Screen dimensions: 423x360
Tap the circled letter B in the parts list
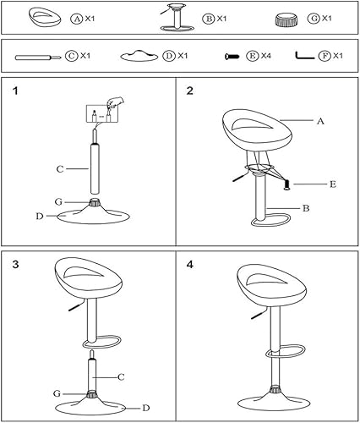click(x=205, y=18)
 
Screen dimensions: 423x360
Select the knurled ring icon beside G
click(x=289, y=18)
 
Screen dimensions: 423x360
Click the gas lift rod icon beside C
click(x=38, y=57)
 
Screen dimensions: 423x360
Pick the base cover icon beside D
click(x=139, y=56)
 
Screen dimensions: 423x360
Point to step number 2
click(x=190, y=91)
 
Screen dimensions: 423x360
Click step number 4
click(x=190, y=264)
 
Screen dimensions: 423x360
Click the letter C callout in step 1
click(x=60, y=169)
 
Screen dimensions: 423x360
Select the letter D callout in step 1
click(x=39, y=217)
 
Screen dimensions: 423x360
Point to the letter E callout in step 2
click(x=332, y=184)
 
